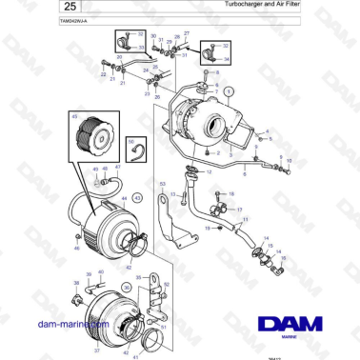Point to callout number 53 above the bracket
tap(163, 183)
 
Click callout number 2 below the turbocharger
tap(221, 152)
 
